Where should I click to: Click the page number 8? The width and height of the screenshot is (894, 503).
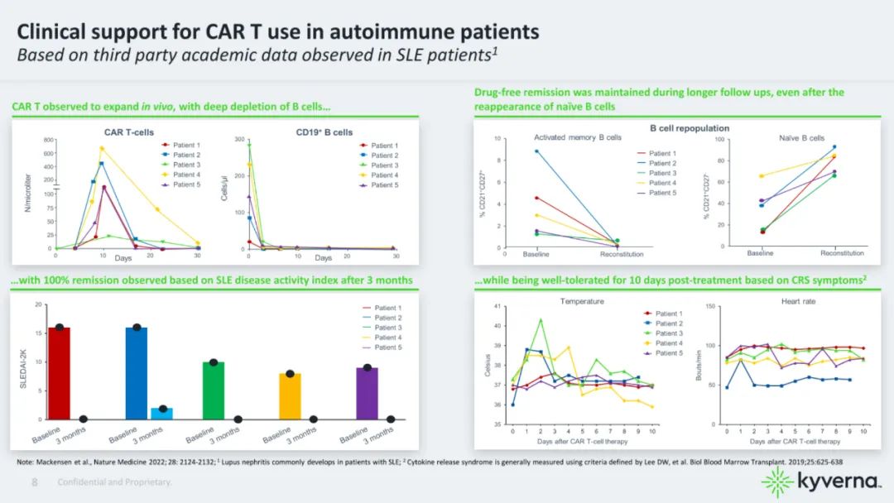[x=35, y=481]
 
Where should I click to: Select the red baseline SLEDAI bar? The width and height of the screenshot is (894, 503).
[x=59, y=373]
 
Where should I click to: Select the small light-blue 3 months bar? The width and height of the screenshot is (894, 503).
[x=163, y=413]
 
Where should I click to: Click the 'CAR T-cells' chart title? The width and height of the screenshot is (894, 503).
[x=128, y=132]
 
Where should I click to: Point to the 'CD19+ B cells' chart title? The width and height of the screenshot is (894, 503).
[x=324, y=132]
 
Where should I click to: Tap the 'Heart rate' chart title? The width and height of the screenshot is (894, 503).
[x=798, y=301]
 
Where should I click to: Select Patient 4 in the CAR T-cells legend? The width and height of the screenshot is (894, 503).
[x=185, y=175]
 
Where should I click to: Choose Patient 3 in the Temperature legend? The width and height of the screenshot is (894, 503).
[x=670, y=333]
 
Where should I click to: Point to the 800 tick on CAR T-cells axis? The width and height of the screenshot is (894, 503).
[x=47, y=141]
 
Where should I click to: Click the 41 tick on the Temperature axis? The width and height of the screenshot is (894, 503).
[x=496, y=306]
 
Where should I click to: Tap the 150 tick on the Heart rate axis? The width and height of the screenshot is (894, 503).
[x=710, y=306]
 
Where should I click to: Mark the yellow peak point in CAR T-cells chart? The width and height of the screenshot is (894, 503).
[x=102, y=148]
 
